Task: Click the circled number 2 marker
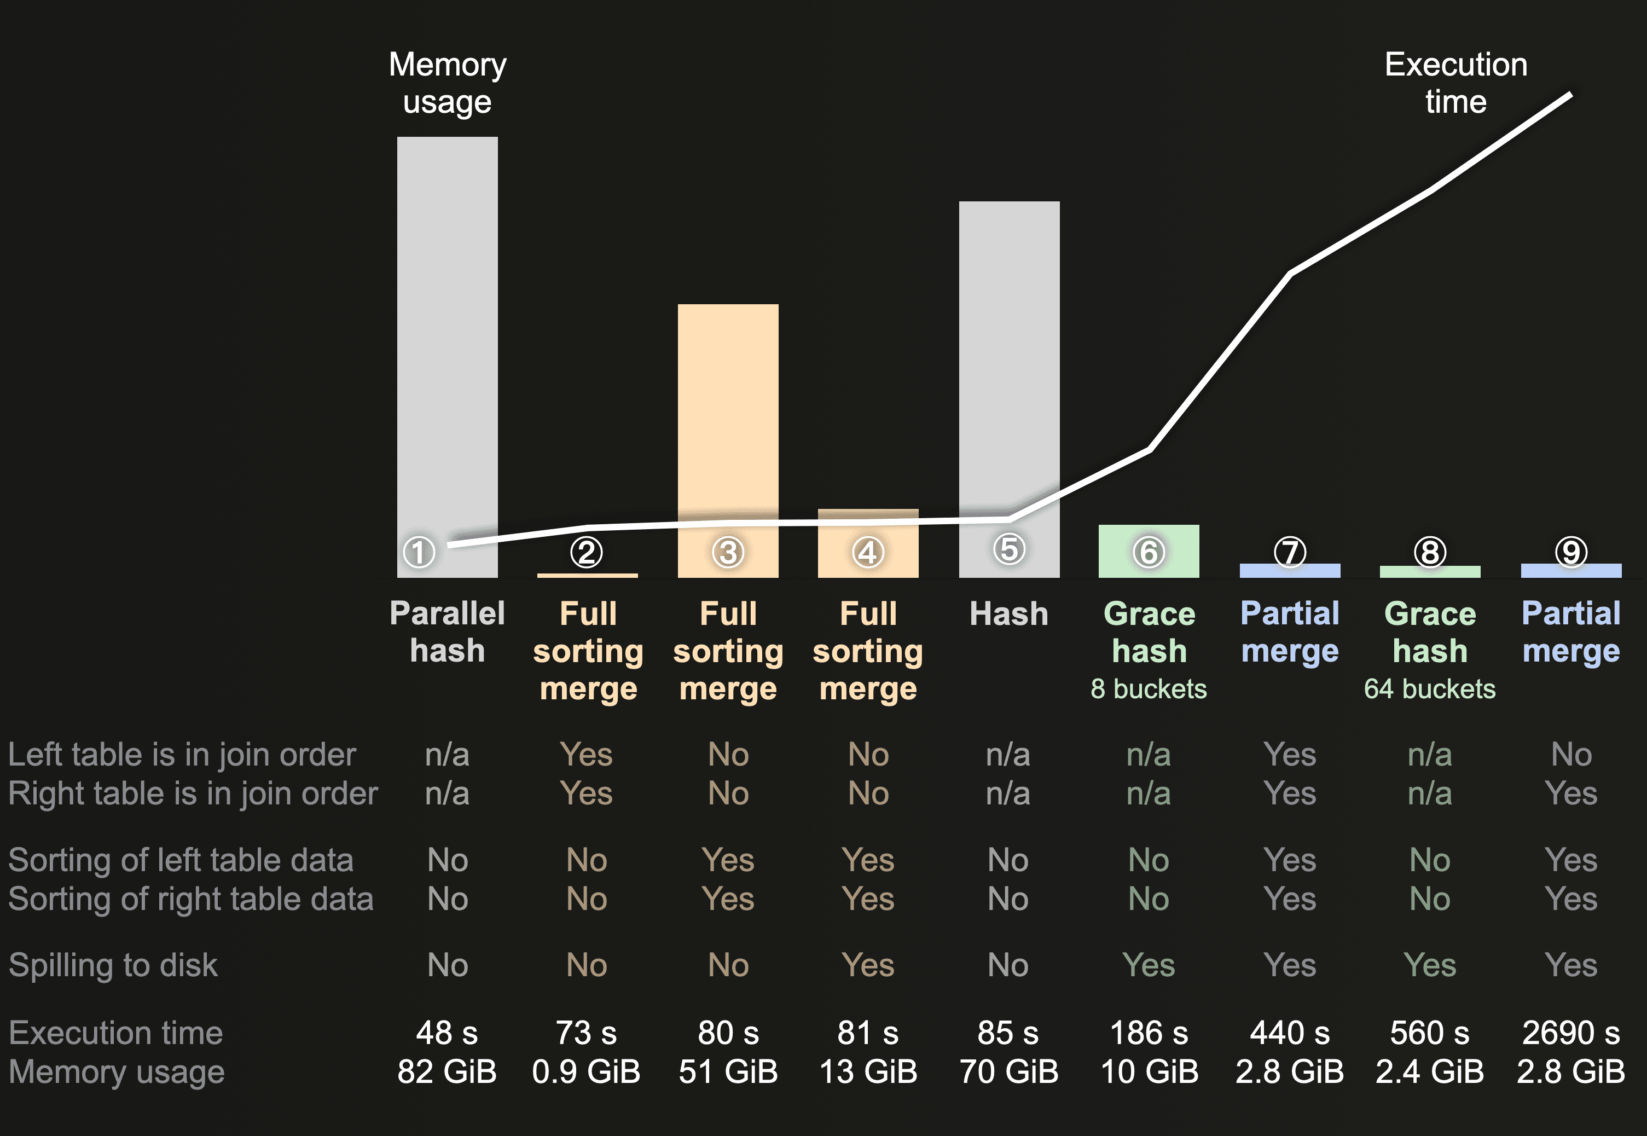pos(587,552)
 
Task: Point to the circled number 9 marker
pos(1571,552)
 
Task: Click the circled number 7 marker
pos(1290,552)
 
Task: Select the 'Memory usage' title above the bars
pos(447,83)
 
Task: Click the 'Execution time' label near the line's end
pos(1455,83)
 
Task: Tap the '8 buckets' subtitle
pos(1149,689)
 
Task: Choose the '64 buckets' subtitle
pos(1429,689)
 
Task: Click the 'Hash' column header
pos(1008,613)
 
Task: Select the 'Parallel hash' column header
pos(447,632)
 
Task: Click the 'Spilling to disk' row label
pos(113,965)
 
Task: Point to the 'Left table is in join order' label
pos(182,755)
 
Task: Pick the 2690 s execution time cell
pos(1571,1033)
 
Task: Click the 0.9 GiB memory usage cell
pos(586,1072)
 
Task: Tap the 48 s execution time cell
pos(447,1033)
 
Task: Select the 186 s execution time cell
pos(1149,1033)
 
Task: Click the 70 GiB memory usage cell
pos(1008,1072)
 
